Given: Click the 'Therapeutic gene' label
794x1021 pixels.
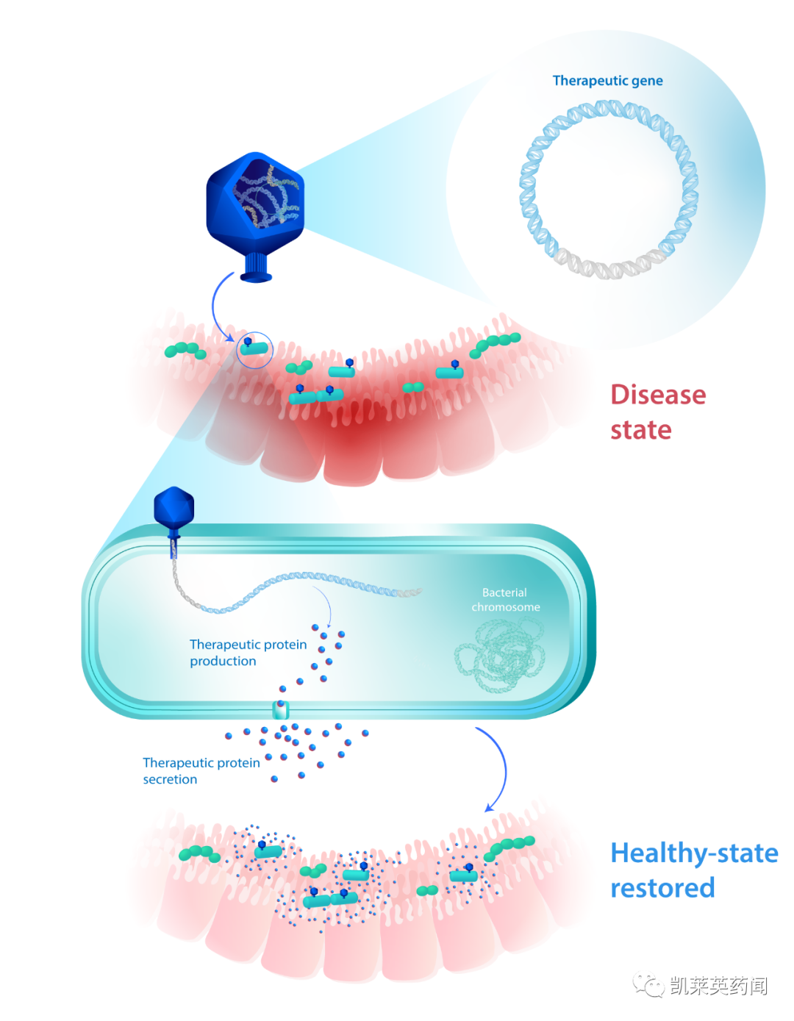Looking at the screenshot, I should tap(607, 81).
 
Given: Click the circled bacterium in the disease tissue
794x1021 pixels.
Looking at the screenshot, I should tap(254, 349).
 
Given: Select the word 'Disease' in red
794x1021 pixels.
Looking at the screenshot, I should tap(658, 395).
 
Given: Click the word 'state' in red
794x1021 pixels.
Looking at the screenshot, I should tap(640, 430).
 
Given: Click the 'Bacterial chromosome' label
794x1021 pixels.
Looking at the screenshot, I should tap(505, 600).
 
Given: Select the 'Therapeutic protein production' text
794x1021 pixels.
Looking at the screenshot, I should tap(248, 653).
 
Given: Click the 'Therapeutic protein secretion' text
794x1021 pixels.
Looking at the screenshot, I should tap(201, 771).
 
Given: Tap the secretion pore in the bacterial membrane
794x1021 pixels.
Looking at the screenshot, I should tap(281, 709).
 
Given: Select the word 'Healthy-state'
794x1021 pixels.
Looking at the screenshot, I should tap(694, 853).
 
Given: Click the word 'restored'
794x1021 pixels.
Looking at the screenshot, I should tap(662, 888).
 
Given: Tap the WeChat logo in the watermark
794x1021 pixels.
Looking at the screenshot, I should tap(648, 985).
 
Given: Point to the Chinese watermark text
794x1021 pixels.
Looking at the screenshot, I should tap(718, 986).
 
